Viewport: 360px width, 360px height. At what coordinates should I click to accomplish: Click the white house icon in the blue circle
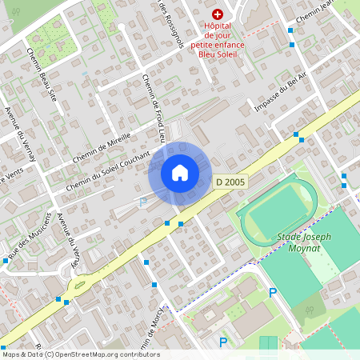pyautogui.click(x=179, y=172)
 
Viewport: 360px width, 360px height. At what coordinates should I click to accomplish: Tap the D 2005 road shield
pyautogui.click(x=230, y=182)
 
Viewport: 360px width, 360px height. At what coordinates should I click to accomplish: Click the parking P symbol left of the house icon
pyautogui.click(x=143, y=202)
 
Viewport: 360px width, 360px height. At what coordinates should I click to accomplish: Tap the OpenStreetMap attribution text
pyautogui.click(x=80, y=354)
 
